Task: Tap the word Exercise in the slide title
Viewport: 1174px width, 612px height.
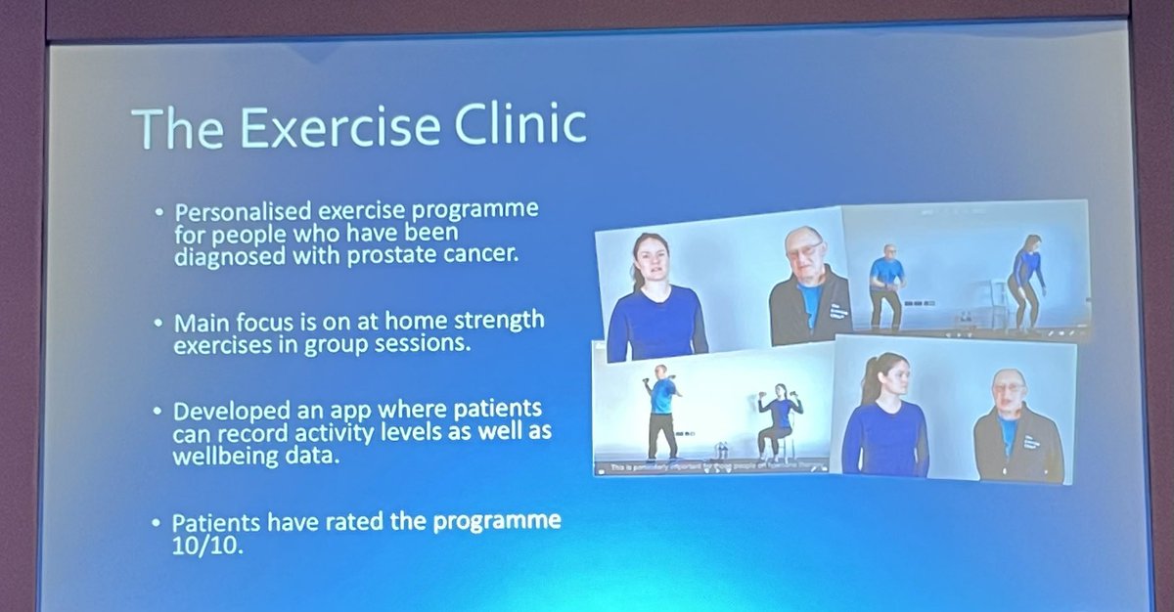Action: coord(314,128)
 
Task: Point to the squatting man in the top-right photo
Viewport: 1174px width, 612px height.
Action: coord(885,284)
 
